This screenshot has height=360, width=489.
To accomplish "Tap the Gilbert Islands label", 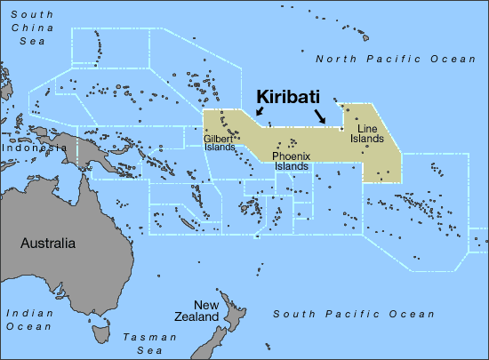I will pos(219,143).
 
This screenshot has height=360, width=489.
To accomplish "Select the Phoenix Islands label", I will pos(291,161).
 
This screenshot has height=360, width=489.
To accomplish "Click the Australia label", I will pos(47,244).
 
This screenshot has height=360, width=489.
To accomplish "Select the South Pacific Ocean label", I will pos(354,314).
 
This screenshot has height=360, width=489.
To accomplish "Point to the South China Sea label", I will pos(27,28).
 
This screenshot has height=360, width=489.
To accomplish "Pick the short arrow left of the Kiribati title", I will pos(259,111).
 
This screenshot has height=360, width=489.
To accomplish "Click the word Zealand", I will pos(200,317).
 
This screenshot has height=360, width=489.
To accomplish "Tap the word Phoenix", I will pos(291,156).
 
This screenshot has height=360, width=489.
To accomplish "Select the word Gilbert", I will pos(219,139).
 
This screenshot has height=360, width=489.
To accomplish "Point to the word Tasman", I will pos(141,337).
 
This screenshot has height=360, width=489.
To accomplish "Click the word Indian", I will pos(27,313).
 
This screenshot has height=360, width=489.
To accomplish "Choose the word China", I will pos(27,28).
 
